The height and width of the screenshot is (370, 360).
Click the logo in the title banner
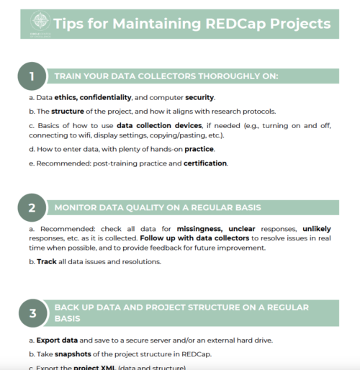coord(34,23)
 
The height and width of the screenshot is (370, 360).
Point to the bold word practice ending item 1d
coord(199,149)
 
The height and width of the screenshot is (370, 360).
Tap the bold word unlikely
coord(318,229)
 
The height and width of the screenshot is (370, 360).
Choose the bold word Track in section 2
coord(47,261)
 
